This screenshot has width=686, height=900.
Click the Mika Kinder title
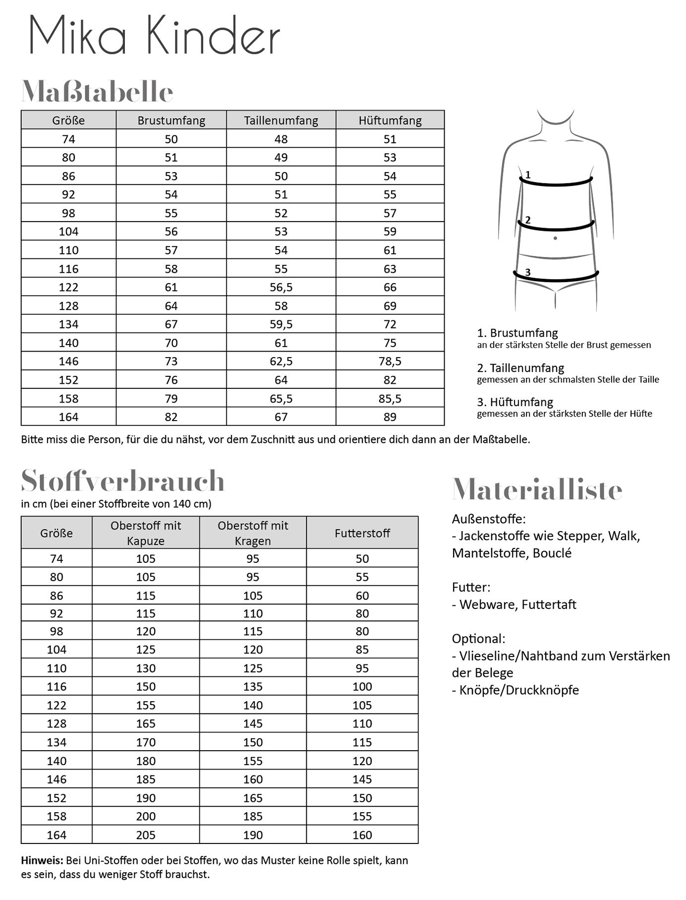coord(154,35)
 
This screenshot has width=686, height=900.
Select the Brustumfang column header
coord(171,120)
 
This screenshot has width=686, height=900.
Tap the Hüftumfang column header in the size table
coord(390,120)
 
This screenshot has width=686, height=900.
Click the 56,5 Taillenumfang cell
coord(281,288)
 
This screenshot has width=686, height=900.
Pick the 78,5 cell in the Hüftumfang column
coord(390,361)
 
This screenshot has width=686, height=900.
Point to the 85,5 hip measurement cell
coord(390,399)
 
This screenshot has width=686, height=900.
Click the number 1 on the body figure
coord(528,175)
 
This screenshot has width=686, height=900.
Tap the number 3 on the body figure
coord(528,272)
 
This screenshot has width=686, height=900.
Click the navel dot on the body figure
coord(555,239)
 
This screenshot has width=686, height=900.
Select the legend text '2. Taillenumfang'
coord(520,368)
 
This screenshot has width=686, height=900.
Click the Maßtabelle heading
coord(97,92)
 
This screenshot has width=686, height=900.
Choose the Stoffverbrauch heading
coord(123,480)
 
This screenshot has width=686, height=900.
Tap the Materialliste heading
coord(537,490)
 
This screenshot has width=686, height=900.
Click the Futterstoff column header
coord(362,533)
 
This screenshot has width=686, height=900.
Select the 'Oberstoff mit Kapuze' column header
coord(146,533)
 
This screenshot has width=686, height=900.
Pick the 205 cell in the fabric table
coord(146,835)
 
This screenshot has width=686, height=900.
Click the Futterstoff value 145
coord(362,780)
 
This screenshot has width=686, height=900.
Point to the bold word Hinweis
coord(42,860)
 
